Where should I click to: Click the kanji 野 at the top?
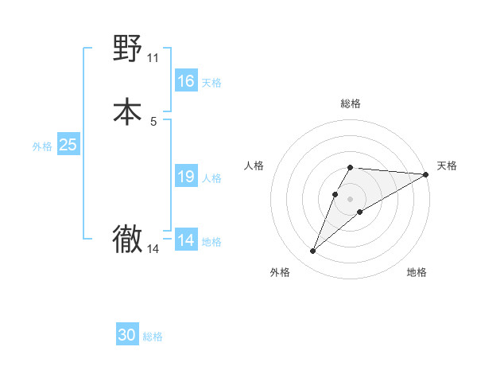128,49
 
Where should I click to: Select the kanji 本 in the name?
128,111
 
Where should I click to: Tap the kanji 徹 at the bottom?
128,240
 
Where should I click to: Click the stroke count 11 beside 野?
153,58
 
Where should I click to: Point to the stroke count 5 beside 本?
153,121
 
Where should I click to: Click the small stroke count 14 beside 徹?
153,249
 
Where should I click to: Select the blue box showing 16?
185,81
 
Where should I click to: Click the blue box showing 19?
185,177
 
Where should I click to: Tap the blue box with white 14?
185,240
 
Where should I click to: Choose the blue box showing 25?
68,145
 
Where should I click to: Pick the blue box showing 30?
127,335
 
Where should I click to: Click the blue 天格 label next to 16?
211,83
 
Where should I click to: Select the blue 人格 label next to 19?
211,178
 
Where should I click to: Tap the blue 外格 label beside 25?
42,146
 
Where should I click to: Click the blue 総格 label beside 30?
153,337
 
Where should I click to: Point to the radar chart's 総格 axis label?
351,103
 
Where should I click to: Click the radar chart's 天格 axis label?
447,166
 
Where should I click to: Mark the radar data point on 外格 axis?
313,251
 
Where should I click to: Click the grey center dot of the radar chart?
351,198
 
